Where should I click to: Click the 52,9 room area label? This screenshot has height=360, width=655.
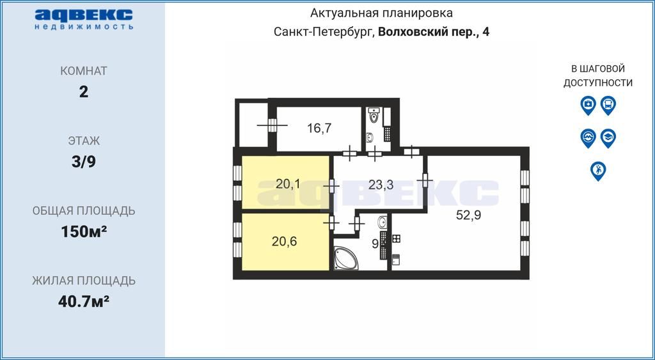coord(468,215)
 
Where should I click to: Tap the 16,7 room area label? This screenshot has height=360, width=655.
coord(319,128)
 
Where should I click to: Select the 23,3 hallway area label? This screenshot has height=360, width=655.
coord(381,185)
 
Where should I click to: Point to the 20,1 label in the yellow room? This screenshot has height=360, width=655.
coord(288,184)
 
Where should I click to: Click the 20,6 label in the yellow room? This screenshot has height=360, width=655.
coord(284,242)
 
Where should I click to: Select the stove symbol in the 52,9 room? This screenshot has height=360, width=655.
coord(396,239)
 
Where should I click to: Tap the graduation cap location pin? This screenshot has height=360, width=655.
coord(608,137)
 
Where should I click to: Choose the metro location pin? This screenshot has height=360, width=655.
coord(588,137)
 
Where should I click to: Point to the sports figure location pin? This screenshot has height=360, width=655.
coord(598,170)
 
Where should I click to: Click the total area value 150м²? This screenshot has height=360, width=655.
coord(83,231)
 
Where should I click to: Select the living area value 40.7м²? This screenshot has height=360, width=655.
coord(83,301)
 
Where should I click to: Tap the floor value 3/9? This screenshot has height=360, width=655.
coord(83,162)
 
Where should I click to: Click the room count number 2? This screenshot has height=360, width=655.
coord(83,91)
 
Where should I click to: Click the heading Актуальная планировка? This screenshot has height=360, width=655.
coord(382,13)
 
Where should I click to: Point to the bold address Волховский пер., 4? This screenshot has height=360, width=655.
coord(434,32)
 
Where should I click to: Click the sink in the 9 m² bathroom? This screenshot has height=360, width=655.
coord(383,223)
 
